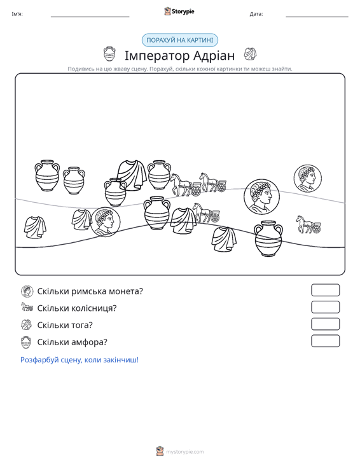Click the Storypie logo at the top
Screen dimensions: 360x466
pyautogui.click(x=179, y=11)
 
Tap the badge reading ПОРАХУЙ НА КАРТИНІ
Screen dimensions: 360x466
pyautogui.click(x=180, y=40)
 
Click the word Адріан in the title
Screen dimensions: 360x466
pyautogui.click(x=214, y=55)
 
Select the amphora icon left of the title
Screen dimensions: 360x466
pyautogui.click(x=109, y=54)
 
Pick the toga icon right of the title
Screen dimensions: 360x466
pyautogui.click(x=251, y=54)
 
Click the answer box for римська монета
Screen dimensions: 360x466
pyautogui.click(x=325, y=290)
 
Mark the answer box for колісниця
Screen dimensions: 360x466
pyautogui.click(x=325, y=307)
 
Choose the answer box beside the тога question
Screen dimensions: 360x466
pyautogui.click(x=325, y=324)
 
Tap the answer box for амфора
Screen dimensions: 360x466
pyautogui.click(x=325, y=341)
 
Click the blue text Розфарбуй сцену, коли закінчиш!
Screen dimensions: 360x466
pyautogui.click(x=80, y=360)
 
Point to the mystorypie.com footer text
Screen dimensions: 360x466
pyautogui.click(x=185, y=452)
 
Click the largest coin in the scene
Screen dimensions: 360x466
pyautogui.click(x=262, y=196)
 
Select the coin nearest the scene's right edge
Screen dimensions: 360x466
pyautogui.click(x=308, y=178)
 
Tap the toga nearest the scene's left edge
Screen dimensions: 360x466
pyautogui.click(x=35, y=228)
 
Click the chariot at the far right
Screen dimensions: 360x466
pyautogui.click(x=308, y=224)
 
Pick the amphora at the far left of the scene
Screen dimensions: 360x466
pyautogui.click(x=47, y=175)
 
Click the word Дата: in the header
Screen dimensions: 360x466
pyautogui.click(x=256, y=14)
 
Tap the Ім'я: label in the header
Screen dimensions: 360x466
pyautogui.click(x=17, y=14)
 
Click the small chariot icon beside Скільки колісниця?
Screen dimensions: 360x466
pyautogui.click(x=27, y=307)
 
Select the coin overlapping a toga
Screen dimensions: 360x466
pyautogui.click(x=105, y=222)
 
